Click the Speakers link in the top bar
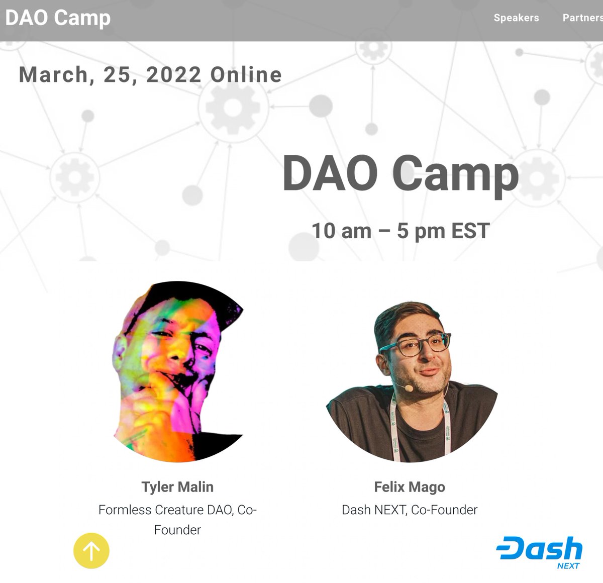[516, 18]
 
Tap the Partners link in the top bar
[582, 18]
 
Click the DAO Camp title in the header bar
[58, 18]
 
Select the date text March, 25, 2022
[110, 75]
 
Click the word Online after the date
[246, 75]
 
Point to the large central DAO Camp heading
[400, 173]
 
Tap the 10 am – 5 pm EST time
[400, 231]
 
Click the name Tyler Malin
[177, 487]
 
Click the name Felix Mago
[410, 487]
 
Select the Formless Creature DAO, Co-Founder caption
[177, 519]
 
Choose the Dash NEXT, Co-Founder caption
[410, 510]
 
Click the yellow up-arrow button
[91, 551]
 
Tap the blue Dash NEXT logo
[539, 552]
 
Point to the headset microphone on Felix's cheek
[408, 388]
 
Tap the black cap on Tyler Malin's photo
[201, 297]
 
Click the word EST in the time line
[470, 231]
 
